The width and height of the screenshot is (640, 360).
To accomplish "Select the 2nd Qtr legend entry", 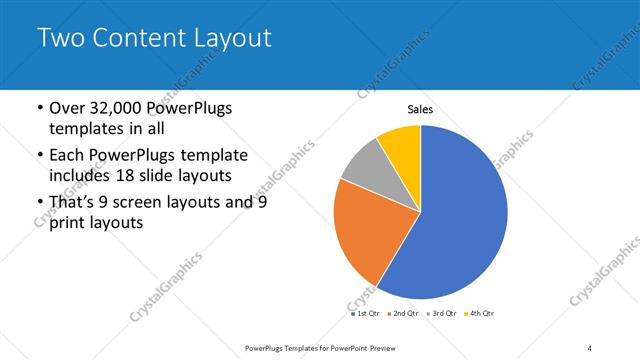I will (402, 313).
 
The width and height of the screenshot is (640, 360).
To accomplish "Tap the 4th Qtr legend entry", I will (479, 313).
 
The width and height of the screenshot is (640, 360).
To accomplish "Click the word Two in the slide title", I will (61, 39).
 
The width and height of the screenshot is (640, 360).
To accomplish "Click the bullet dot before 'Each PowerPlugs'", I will (39, 156).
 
